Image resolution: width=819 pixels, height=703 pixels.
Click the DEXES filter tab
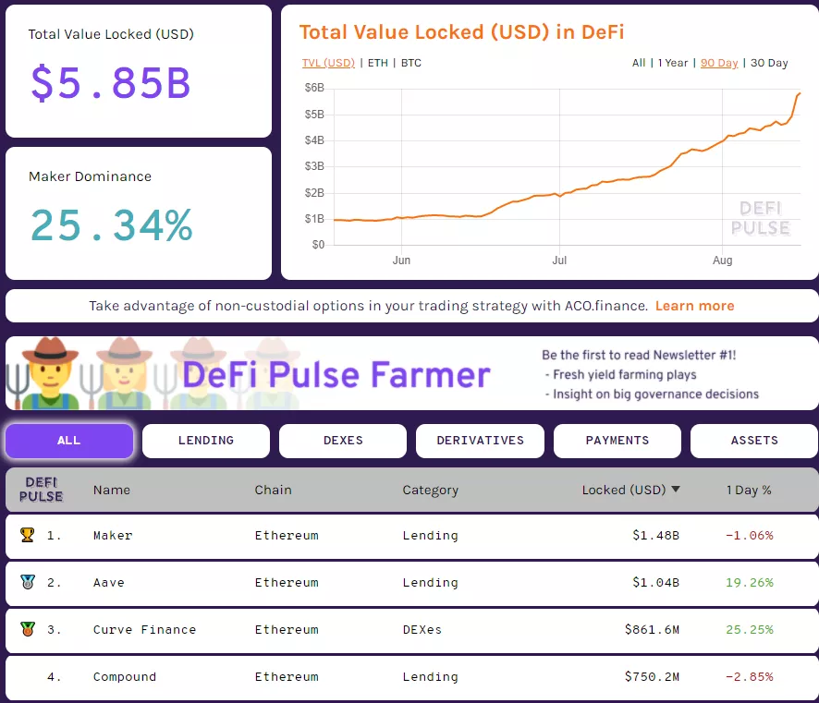[343, 441]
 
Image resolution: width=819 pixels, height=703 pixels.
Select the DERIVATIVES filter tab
[480, 441]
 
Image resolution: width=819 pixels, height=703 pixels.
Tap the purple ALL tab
[69, 441]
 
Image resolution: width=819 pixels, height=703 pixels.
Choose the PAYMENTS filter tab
[617, 441]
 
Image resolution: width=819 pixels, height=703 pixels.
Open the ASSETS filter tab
[754, 441]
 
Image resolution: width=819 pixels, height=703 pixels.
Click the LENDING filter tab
[205, 441]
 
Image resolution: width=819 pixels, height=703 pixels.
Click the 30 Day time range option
[769, 63]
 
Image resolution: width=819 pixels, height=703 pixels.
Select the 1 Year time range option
[673, 63]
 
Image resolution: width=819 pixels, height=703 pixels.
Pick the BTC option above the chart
[411, 63]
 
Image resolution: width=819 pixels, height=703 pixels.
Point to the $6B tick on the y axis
[314, 88]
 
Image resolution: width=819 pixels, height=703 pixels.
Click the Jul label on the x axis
[558, 261]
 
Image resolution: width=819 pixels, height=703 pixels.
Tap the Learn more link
[694, 306]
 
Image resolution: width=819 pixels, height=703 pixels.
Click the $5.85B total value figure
[111, 82]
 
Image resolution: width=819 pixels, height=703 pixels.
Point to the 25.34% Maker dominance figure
[111, 224]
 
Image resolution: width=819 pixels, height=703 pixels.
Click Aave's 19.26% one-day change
[749, 583]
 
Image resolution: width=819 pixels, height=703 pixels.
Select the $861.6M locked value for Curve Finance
[652, 630]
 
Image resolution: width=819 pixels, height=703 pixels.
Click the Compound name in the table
[125, 677]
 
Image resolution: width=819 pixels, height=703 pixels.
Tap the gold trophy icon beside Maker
[27, 535]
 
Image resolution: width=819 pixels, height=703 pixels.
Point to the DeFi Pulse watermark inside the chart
[761, 219]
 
